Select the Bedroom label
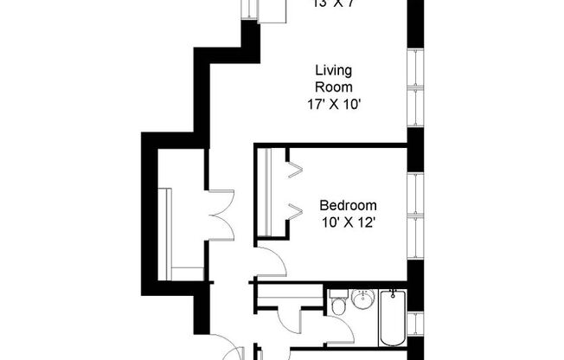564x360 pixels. tap(348, 205)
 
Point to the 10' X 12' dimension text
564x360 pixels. tap(348, 222)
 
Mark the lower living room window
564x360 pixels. tap(414, 107)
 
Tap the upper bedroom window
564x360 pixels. tap(414, 193)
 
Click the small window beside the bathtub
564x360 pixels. tap(414, 324)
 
